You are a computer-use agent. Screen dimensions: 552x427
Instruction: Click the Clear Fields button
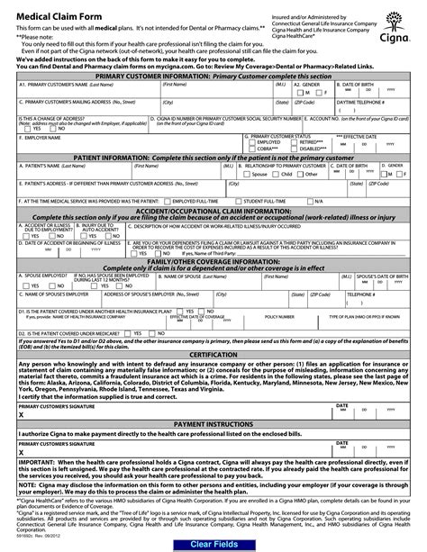click(213, 544)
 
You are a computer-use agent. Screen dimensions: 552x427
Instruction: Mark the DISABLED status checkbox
click(293, 149)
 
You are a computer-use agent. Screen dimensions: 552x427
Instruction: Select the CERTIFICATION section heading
click(213, 330)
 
